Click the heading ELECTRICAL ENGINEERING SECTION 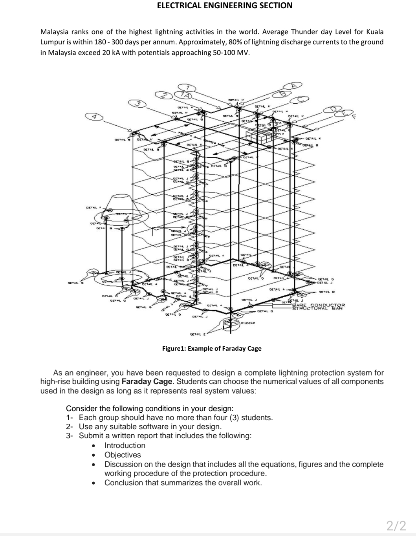(224, 5)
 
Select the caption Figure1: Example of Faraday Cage (212, 348)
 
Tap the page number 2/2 (396, 525)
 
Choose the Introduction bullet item (125, 445)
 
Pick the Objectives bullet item (122, 455)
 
